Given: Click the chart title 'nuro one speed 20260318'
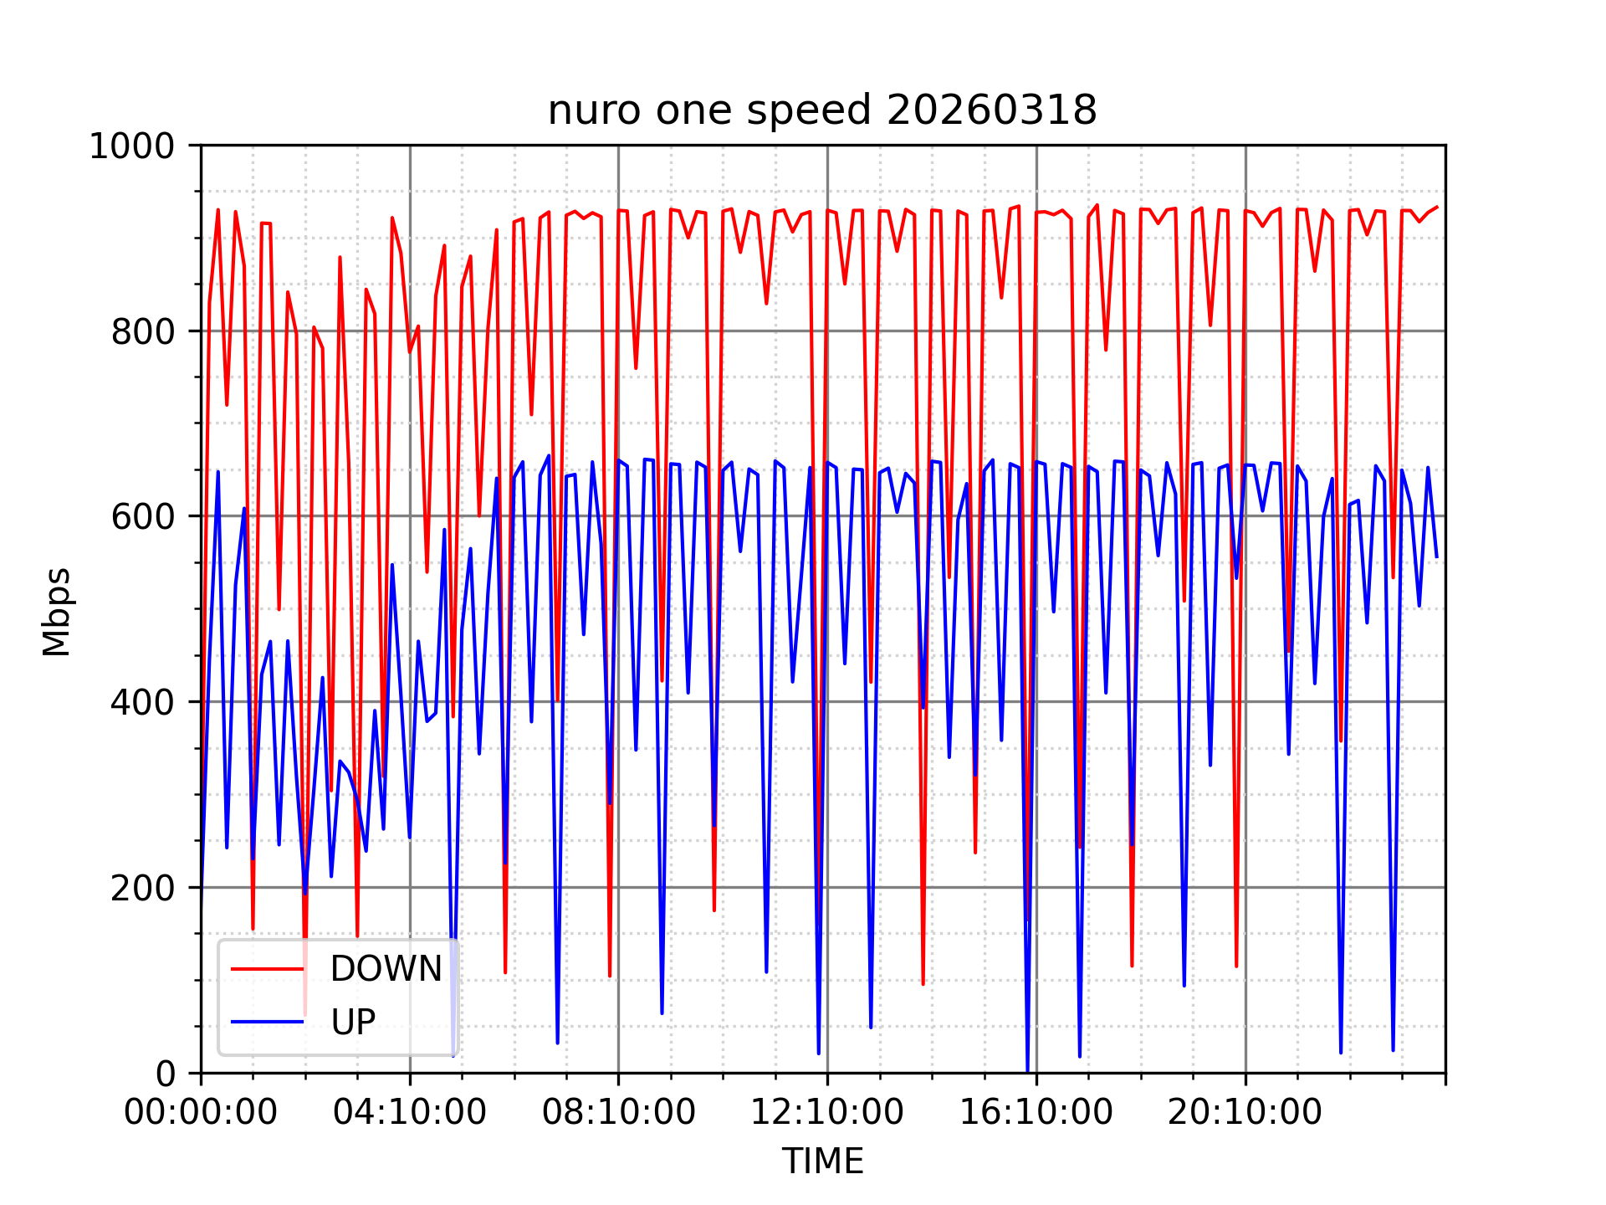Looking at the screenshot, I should [821, 110].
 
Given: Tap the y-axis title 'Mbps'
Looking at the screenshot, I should [57, 612].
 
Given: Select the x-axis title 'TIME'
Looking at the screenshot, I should [822, 1161].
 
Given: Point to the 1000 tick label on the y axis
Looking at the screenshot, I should [131, 146].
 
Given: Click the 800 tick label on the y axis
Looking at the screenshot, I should [142, 332].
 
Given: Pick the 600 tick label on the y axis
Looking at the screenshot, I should [142, 516].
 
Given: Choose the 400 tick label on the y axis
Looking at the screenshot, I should [142, 702].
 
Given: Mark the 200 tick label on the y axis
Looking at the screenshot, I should [142, 888].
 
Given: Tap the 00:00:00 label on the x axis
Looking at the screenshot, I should [201, 1113].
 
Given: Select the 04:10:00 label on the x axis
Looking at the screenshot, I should [410, 1113].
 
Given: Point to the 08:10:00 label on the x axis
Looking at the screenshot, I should [619, 1113].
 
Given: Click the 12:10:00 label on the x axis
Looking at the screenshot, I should [827, 1113].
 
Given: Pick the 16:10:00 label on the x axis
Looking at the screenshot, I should [1036, 1113].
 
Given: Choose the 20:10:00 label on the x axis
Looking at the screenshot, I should [1245, 1113].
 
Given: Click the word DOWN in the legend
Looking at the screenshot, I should [386, 969].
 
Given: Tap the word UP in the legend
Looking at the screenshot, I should [353, 1023].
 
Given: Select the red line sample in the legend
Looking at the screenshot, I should [268, 969].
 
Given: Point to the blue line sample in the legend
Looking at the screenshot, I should [268, 1022].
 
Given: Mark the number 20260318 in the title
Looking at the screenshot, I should [991, 110].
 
